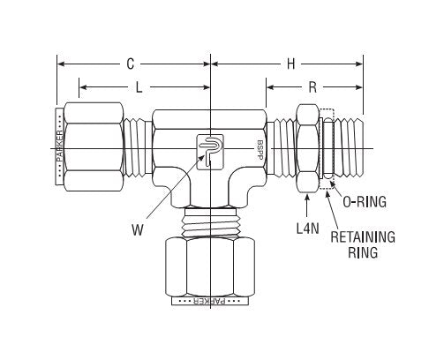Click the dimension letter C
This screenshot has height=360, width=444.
pyautogui.click(x=130, y=64)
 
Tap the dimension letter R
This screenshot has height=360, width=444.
pyautogui.click(x=314, y=86)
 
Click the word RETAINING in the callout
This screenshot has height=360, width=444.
pyautogui.click(x=363, y=236)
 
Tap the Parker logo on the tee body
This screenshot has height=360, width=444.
pyautogui.click(x=203, y=149)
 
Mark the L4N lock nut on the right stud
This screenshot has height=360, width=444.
pyautogui.click(x=308, y=147)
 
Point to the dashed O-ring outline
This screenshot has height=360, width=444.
pyautogui.click(x=327, y=147)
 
